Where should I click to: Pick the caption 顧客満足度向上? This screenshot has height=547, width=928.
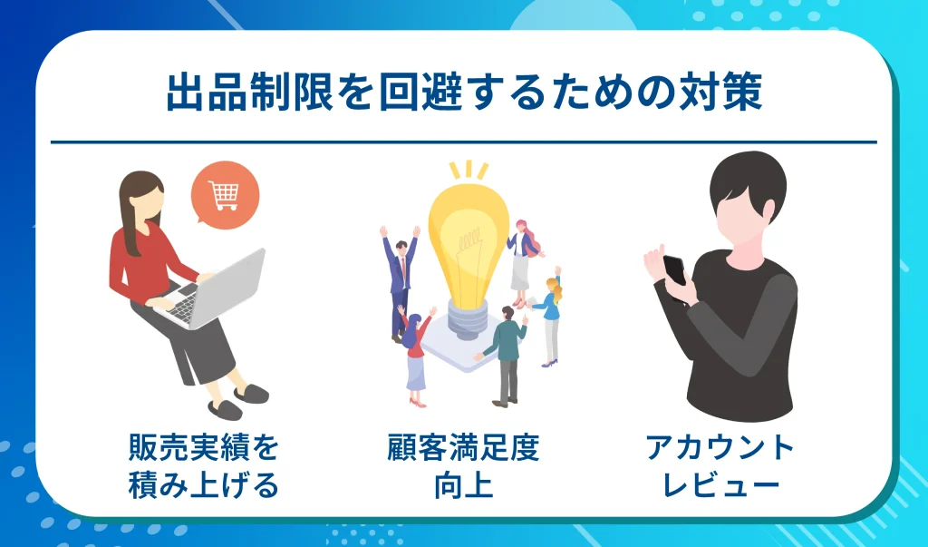pos(463,466)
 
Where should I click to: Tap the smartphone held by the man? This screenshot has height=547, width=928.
pos(674,269)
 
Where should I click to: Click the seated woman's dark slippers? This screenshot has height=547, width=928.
pos(237,400)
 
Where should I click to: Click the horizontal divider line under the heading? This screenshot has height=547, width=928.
pos(463,142)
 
